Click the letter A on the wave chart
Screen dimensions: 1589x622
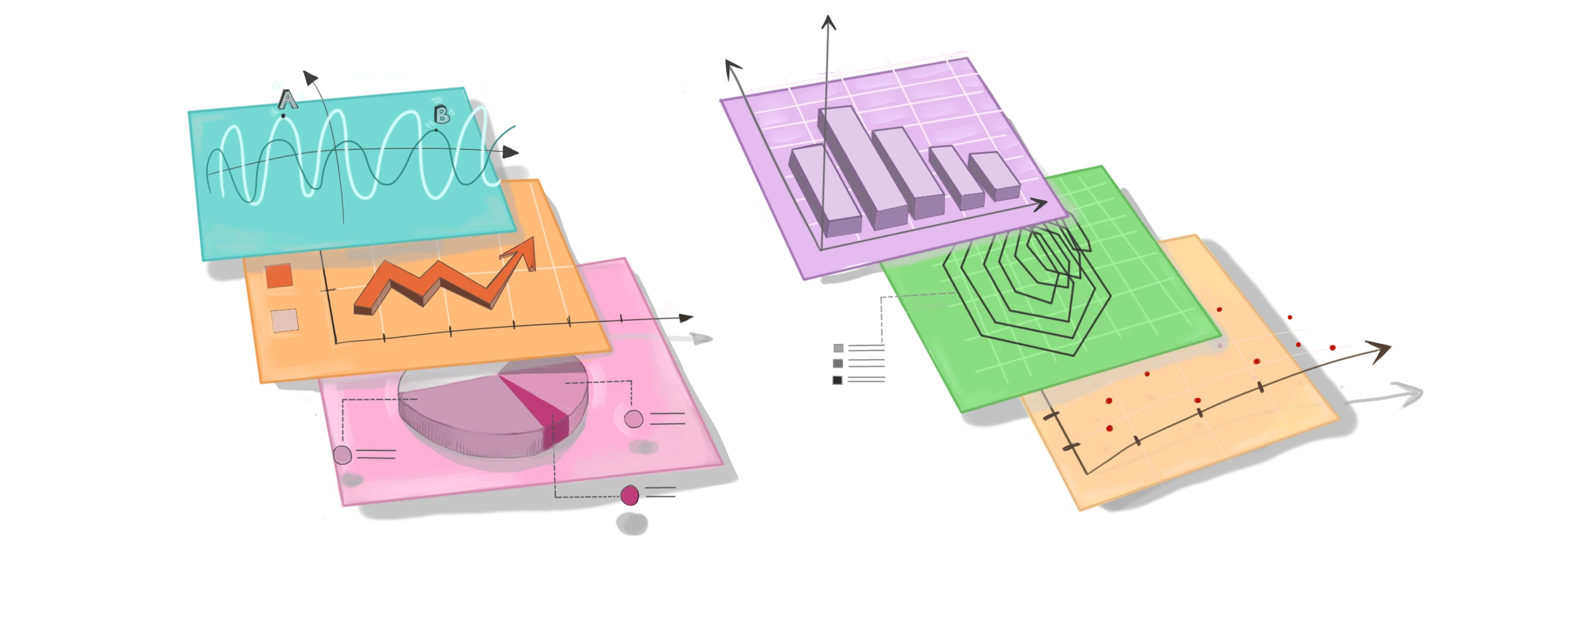point(287,99)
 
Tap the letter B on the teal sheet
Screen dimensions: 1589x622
point(441,115)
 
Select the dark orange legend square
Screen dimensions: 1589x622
point(278,276)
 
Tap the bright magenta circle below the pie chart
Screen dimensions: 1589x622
point(629,495)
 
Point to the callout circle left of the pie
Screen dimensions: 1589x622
point(342,455)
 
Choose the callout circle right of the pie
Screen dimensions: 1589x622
point(633,419)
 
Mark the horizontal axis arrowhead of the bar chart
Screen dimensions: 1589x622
point(1040,204)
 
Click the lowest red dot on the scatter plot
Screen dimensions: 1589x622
point(1109,428)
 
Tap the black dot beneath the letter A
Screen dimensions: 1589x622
point(283,115)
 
